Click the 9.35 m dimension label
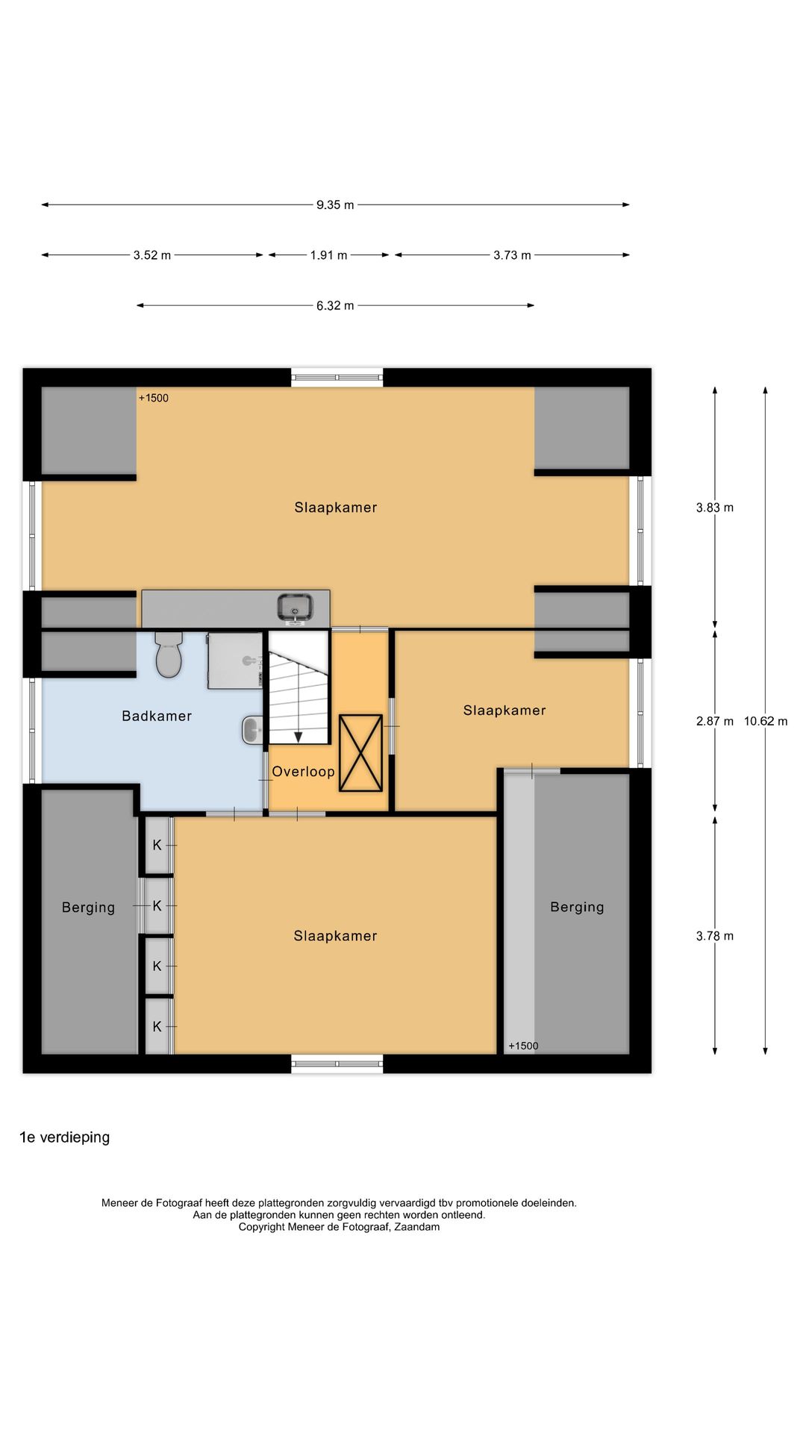click(335, 205)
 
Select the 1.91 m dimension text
click(328, 255)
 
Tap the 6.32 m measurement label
click(335, 305)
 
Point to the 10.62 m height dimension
click(765, 721)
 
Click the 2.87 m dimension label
click(714, 721)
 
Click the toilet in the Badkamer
click(169, 656)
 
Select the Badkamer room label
click(157, 716)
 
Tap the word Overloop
click(303, 772)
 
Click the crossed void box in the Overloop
click(360, 753)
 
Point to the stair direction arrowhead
click(299, 737)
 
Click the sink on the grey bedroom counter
click(296, 607)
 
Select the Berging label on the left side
click(88, 908)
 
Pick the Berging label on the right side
click(577, 907)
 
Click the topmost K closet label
click(157, 845)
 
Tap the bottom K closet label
click(157, 1026)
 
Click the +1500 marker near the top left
click(154, 398)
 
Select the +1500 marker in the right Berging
click(523, 1046)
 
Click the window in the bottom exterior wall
click(337, 1064)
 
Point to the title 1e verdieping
click(65, 1137)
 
